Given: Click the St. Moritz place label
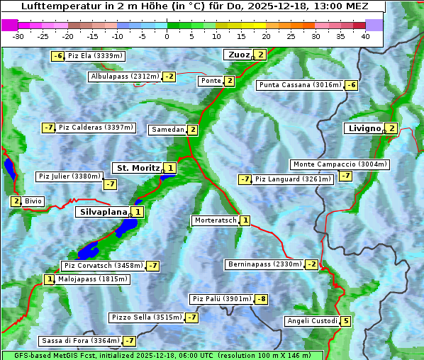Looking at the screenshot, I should pos(138,168).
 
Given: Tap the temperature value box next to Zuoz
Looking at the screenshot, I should pos(261,55).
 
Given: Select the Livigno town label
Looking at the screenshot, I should pos(364,128).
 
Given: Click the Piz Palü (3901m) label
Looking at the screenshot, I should pos(221,299).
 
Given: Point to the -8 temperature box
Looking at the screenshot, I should pos(262,299).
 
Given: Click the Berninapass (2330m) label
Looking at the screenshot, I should pos(264,264).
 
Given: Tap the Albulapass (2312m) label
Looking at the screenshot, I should pos(125,77).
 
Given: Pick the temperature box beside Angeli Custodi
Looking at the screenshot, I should pos(345,321).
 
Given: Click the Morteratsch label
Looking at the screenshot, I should pos(215,220).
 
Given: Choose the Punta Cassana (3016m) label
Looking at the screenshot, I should pos(300,85).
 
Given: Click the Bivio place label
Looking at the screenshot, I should pos(33,201).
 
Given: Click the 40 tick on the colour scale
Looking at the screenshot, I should pos(365,36).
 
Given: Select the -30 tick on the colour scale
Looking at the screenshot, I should pos(18,36).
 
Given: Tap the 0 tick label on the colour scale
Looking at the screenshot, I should pos(167,36).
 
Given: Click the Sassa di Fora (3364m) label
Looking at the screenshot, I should pos(79,341).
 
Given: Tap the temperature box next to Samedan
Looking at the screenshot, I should pos(192,130).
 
